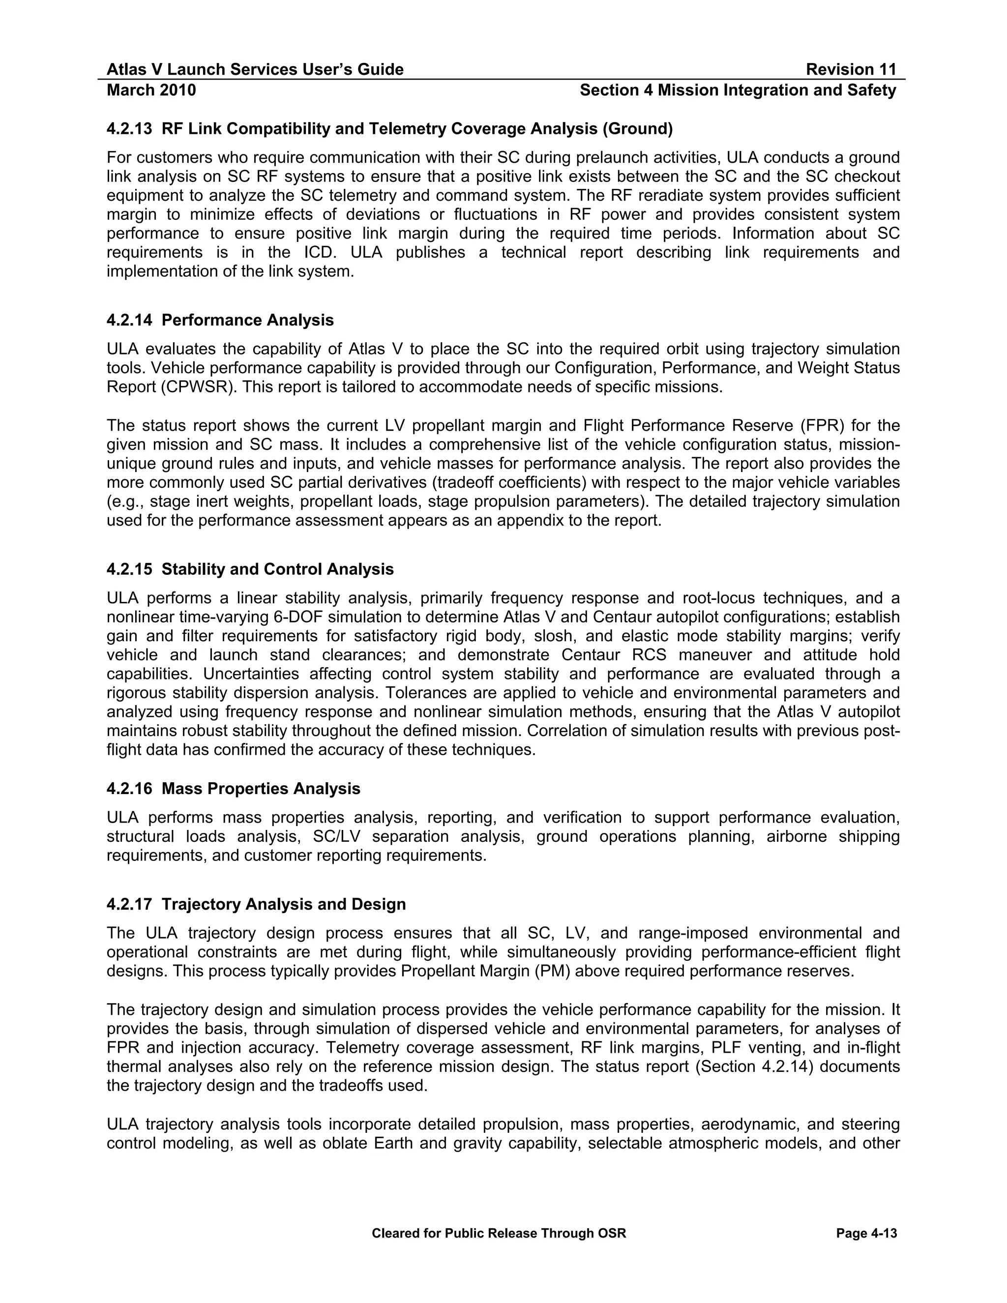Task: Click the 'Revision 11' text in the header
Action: (x=851, y=70)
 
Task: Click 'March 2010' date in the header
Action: (x=151, y=90)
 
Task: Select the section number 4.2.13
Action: (x=129, y=129)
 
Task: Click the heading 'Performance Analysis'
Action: (x=248, y=321)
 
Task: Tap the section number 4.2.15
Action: (x=129, y=569)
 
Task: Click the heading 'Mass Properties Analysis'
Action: (x=261, y=789)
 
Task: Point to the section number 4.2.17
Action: (x=129, y=904)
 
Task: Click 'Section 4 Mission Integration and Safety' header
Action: (x=738, y=90)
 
